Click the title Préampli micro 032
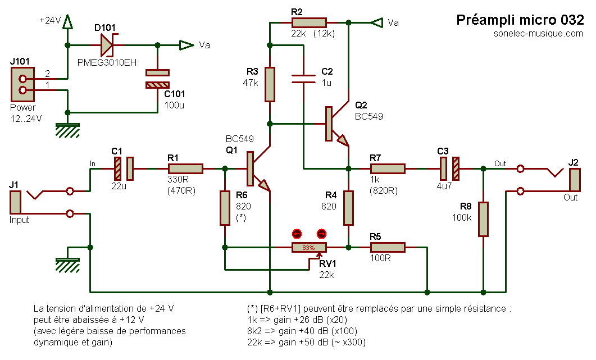click(x=520, y=20)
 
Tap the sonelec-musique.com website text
click(x=535, y=34)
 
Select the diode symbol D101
click(x=107, y=45)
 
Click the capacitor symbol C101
click(x=157, y=79)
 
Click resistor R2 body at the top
click(x=309, y=22)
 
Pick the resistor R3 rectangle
click(x=270, y=84)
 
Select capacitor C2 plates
click(x=304, y=79)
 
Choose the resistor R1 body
click(x=185, y=168)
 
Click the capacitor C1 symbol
click(x=124, y=168)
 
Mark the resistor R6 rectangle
click(x=225, y=208)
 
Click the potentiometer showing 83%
click(x=308, y=247)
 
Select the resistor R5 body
click(x=388, y=247)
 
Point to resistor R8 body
click(x=483, y=219)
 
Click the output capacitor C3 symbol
click(x=449, y=168)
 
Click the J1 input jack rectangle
click(x=15, y=202)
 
